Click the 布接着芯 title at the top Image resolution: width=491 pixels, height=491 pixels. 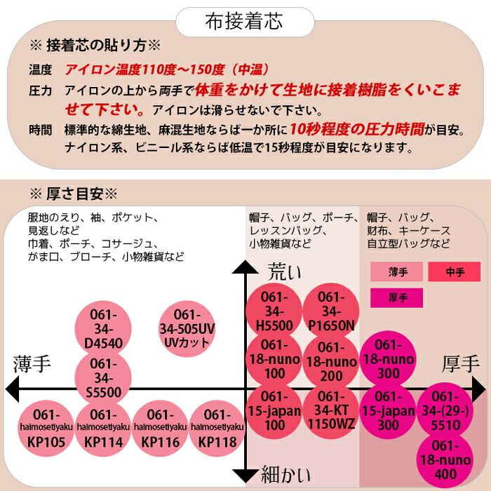(245, 21)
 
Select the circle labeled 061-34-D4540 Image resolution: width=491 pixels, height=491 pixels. (103, 328)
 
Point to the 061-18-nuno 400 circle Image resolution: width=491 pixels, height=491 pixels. (446, 460)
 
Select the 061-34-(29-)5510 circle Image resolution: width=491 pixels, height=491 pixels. (446, 410)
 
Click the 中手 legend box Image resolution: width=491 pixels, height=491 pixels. (454, 271)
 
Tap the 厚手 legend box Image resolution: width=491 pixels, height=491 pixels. (396, 297)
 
